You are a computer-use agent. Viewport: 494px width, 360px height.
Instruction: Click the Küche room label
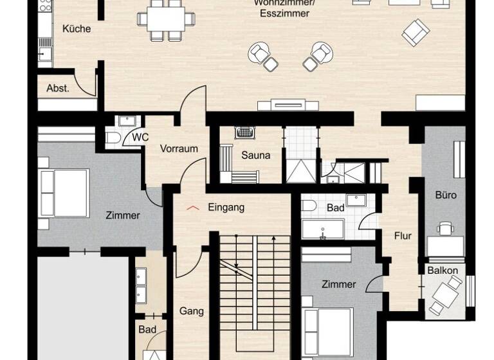click(x=77, y=29)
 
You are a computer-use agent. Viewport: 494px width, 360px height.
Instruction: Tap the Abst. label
click(x=58, y=89)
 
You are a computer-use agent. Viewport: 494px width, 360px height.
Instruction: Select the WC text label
click(x=140, y=138)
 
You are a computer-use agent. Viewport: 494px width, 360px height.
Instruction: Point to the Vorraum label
click(x=179, y=148)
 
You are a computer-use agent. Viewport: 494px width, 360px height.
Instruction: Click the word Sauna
click(x=255, y=155)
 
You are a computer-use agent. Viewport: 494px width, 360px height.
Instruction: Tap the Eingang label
click(x=226, y=208)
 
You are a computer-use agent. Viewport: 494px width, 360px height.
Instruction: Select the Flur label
click(x=403, y=236)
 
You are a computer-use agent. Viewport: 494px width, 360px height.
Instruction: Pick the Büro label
click(x=445, y=195)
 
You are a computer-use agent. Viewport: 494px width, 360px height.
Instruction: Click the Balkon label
click(x=443, y=271)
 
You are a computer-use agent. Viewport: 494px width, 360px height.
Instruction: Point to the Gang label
click(x=192, y=311)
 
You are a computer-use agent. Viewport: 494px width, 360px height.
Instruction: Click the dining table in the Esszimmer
click(x=166, y=19)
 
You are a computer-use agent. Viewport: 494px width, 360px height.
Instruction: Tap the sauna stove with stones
click(x=244, y=133)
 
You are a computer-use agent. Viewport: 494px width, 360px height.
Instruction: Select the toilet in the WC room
click(x=113, y=138)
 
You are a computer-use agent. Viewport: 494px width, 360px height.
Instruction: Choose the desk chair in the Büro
click(x=444, y=228)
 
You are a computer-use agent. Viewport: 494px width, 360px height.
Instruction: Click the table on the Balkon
click(x=445, y=294)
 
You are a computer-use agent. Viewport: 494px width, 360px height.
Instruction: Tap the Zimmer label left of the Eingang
click(x=122, y=215)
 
